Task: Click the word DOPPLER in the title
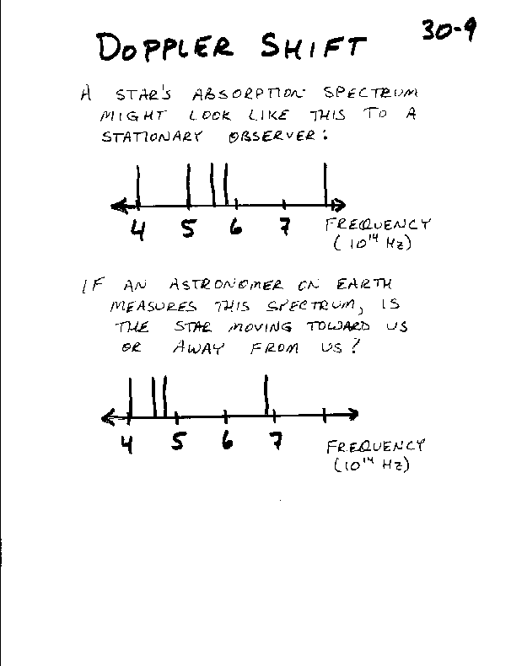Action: pyautogui.click(x=165, y=46)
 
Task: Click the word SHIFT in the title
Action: pyautogui.click(x=313, y=46)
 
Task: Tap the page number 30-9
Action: pyautogui.click(x=449, y=30)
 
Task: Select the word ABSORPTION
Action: pyautogui.click(x=248, y=94)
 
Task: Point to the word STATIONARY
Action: pyautogui.click(x=152, y=137)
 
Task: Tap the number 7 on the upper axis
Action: pyautogui.click(x=286, y=227)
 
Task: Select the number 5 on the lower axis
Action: pyautogui.click(x=179, y=441)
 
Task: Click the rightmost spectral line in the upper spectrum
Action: pyautogui.click(x=325, y=185)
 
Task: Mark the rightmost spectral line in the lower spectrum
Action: pyautogui.click(x=266, y=395)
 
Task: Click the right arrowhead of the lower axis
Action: pyautogui.click(x=352, y=414)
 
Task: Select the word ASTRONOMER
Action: pyautogui.click(x=226, y=285)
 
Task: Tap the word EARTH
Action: pyautogui.click(x=364, y=284)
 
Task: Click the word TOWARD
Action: pyautogui.click(x=338, y=326)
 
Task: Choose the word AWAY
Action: pyautogui.click(x=197, y=348)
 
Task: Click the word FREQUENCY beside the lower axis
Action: pyautogui.click(x=375, y=447)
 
